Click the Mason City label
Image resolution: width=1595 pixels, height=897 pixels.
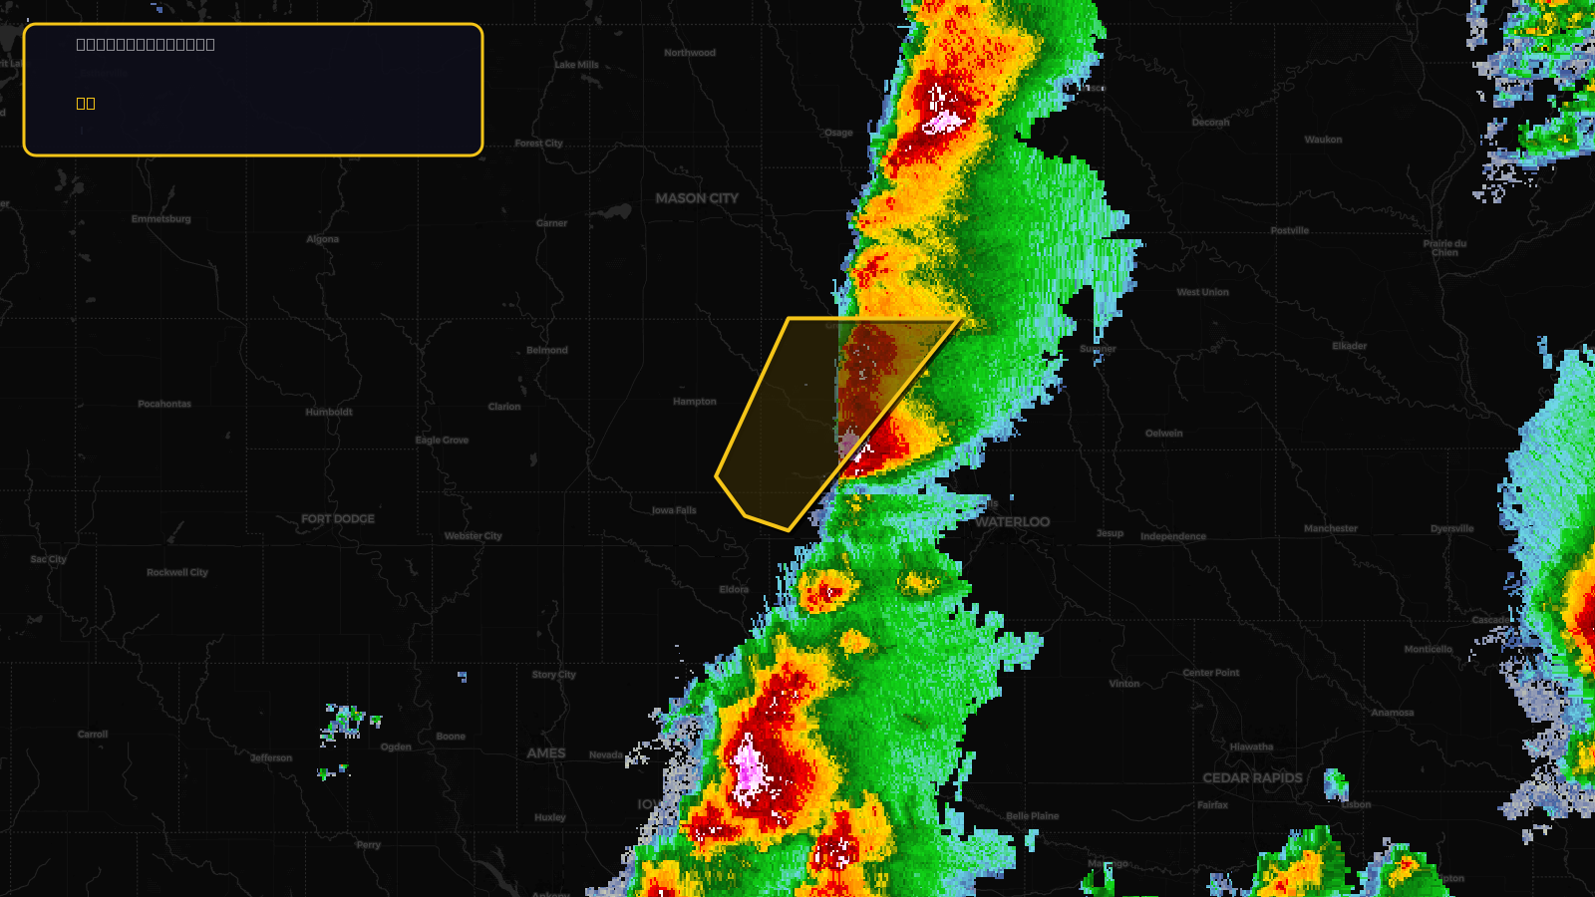(697, 198)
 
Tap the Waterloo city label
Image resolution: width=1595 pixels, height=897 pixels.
(1012, 522)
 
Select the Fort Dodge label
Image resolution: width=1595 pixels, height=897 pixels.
(338, 519)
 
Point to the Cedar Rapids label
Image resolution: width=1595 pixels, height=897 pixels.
(1252, 778)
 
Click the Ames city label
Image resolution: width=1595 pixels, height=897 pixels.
(546, 753)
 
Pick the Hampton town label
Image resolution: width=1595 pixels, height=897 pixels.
(695, 402)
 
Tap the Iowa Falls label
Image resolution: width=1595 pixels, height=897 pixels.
(674, 510)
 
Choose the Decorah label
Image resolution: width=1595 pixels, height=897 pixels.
(1211, 123)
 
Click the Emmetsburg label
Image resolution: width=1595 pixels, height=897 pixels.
(161, 219)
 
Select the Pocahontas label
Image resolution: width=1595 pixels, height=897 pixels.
(164, 404)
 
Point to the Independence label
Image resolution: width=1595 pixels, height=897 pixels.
(1173, 536)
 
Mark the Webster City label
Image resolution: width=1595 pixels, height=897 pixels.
(474, 536)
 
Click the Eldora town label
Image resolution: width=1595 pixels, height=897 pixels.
(734, 589)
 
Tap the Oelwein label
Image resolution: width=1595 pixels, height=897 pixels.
(1164, 434)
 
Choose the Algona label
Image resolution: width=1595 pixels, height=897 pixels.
(323, 239)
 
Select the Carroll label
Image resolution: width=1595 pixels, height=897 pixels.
(93, 735)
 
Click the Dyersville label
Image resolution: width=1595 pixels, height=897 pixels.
(1451, 529)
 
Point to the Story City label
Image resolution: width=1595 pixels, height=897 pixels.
(554, 675)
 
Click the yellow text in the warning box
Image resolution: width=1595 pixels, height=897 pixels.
(86, 103)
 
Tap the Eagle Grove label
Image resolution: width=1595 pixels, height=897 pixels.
(442, 441)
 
